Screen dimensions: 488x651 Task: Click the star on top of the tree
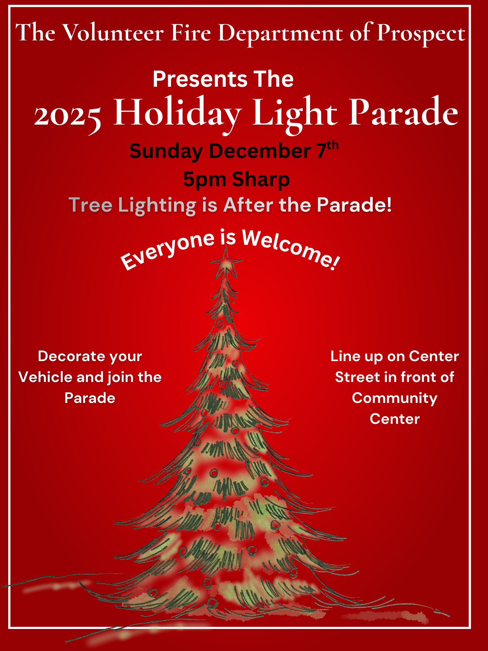[x=226, y=262]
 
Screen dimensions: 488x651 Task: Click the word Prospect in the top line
[x=421, y=34]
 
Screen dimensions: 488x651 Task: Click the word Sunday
[x=166, y=152]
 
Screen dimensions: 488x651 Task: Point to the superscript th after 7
[x=332, y=146]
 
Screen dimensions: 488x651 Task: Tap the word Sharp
[x=261, y=180]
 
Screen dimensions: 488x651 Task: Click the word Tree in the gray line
[x=91, y=205]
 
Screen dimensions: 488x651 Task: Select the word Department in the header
[x=280, y=34]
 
